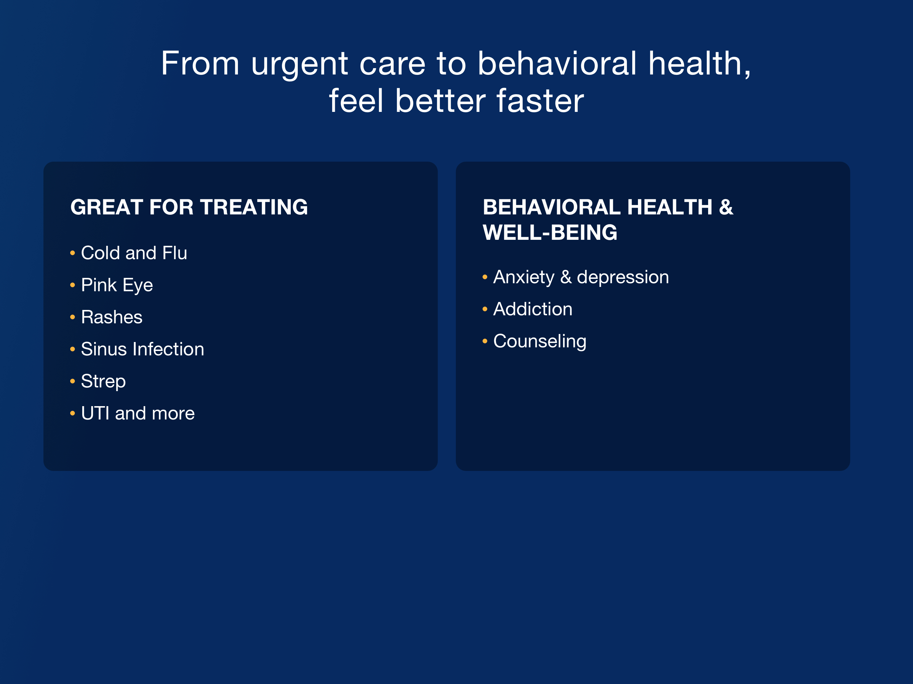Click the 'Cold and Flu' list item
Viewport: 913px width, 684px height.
(134, 253)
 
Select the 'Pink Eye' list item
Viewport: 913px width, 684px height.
(117, 286)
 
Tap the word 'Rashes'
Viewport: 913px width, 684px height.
(111, 317)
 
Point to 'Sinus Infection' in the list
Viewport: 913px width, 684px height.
(142, 349)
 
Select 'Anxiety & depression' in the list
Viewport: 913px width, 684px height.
(581, 277)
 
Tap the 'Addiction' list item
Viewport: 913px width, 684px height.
(533, 309)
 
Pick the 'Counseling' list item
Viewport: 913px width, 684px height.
(540, 342)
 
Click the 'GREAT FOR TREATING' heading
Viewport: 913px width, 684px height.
(189, 207)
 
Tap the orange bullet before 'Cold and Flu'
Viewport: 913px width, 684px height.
(73, 253)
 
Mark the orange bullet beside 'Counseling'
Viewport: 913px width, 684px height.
(485, 341)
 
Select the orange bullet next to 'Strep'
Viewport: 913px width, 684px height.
(73, 381)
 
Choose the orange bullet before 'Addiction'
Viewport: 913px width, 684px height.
(485, 309)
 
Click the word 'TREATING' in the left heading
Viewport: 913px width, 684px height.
(254, 207)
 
